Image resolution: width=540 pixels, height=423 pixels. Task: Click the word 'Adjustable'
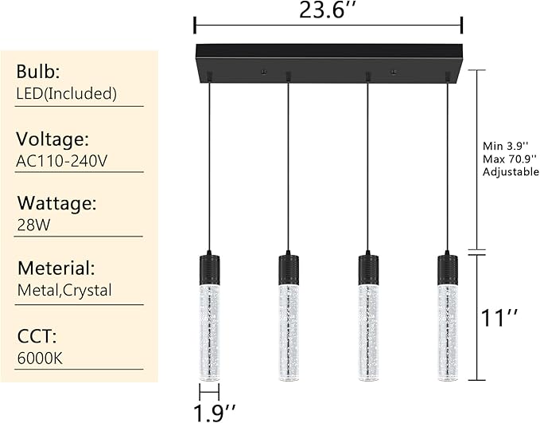[x=511, y=171]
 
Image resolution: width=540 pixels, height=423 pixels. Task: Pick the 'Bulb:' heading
[x=38, y=71]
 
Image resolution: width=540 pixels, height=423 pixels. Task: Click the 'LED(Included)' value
[x=67, y=93]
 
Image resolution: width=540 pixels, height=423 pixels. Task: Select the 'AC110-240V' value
[x=62, y=161]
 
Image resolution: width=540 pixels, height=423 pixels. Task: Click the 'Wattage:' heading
[x=56, y=203]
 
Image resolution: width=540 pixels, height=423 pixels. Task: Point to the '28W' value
[x=33, y=225]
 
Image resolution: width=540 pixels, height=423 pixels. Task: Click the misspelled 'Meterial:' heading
[x=56, y=268]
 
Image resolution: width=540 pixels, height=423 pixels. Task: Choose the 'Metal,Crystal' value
[x=65, y=290]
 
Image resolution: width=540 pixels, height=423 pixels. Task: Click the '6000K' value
[x=39, y=357]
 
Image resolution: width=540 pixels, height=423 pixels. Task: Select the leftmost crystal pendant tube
[x=209, y=331]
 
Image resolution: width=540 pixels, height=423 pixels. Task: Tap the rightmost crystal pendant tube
[x=448, y=331]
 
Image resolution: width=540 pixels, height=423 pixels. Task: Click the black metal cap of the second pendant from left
[x=289, y=268]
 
